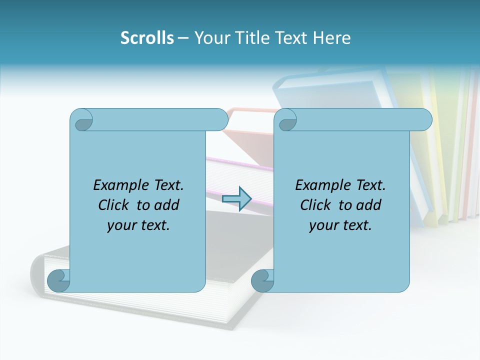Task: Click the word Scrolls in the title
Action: click(x=147, y=38)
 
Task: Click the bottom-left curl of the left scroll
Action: click(x=59, y=280)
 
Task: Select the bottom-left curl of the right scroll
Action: click(x=262, y=280)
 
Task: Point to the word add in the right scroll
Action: click(x=370, y=205)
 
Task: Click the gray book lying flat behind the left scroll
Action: click(x=235, y=300)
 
